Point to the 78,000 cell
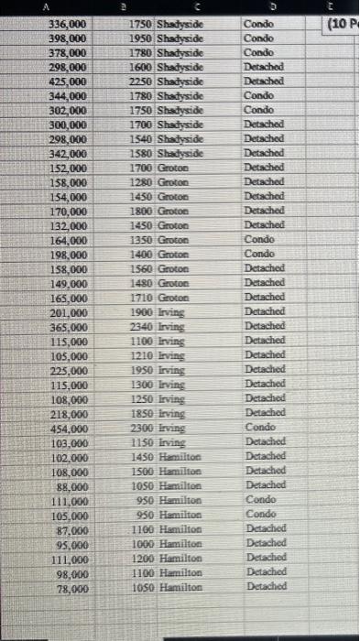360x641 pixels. click(x=71, y=588)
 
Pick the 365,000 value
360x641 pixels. click(x=69, y=326)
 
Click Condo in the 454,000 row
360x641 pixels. click(x=258, y=427)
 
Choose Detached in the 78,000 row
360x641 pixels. click(x=267, y=587)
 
